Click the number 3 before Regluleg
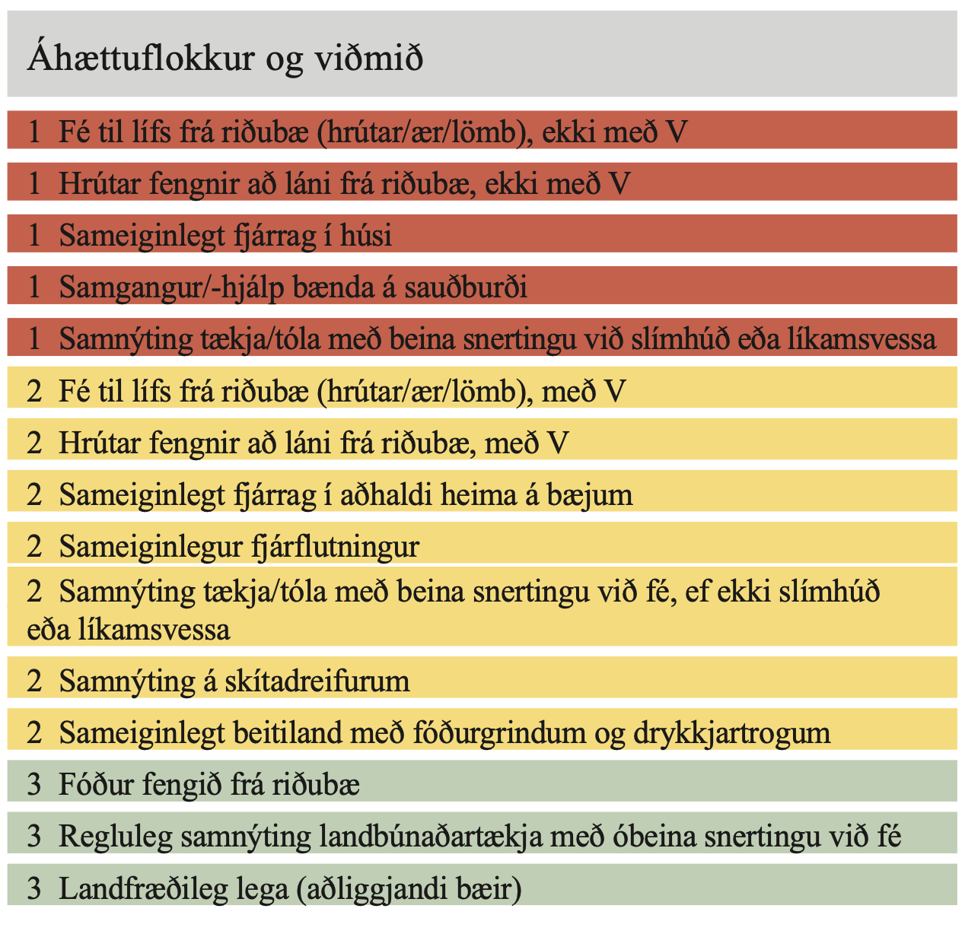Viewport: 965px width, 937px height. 33,837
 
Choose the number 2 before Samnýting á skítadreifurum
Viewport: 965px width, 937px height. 33,681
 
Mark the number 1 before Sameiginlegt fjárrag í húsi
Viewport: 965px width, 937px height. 33,236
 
